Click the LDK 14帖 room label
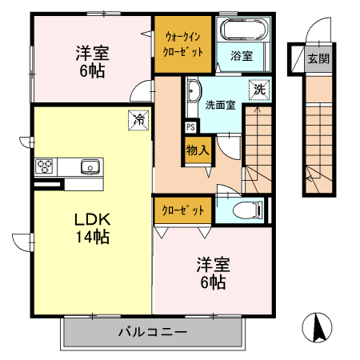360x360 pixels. [x=91, y=228]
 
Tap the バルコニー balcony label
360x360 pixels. [x=152, y=331]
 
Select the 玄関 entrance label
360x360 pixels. [x=320, y=58]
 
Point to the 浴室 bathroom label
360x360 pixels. [x=241, y=56]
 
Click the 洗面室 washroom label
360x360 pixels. [x=219, y=105]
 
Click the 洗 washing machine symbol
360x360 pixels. [x=258, y=90]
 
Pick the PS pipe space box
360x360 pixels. [x=190, y=126]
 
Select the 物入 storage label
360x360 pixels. [x=198, y=149]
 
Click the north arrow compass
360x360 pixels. [x=318, y=327]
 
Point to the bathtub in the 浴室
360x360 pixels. [x=245, y=30]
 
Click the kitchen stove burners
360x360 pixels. [x=44, y=166]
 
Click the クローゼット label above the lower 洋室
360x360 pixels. [x=183, y=210]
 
